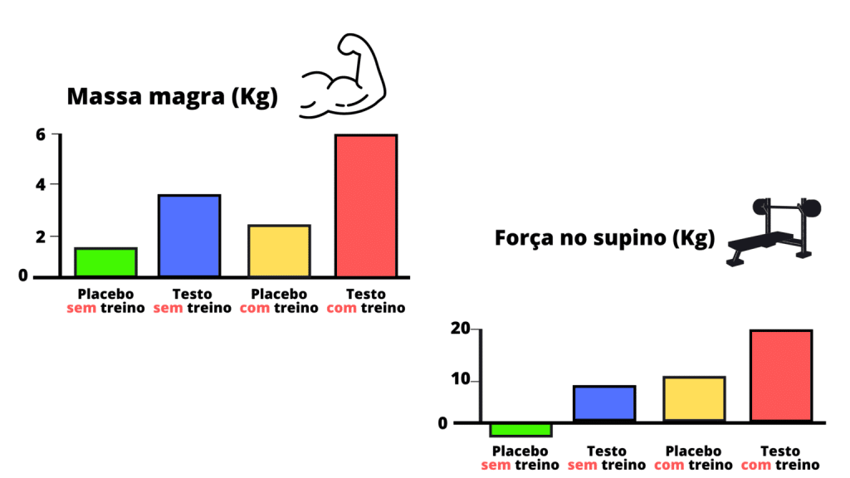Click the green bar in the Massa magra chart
pos(105,261)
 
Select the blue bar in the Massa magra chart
pos(190,236)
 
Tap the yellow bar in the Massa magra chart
pos(279,251)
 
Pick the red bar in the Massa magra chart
pos(366,205)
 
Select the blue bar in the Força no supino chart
pos(604,404)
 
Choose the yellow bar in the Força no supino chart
pos(694,399)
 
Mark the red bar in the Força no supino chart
pos(781,375)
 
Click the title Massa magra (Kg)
pos(172,97)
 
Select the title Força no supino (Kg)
pos(604,239)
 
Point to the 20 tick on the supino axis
pos(459,329)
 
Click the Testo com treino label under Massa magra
pos(366,301)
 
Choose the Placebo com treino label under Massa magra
pos(279,301)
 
